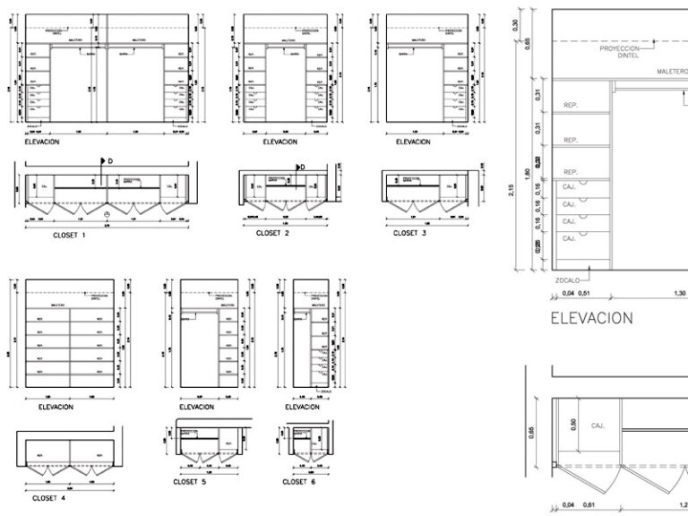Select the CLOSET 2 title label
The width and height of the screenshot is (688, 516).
coord(273,232)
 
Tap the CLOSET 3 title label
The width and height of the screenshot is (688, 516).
coord(409,232)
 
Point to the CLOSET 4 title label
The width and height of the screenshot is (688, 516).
coord(52,498)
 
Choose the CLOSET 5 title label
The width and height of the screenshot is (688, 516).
coord(190,482)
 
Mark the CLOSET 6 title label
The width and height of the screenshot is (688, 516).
coord(299,482)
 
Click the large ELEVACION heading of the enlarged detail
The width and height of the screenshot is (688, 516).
coord(591,317)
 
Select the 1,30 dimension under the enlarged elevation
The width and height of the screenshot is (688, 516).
coord(680,292)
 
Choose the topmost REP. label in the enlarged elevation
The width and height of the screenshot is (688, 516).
coord(571,106)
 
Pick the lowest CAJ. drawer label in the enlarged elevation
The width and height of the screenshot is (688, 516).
coord(569,239)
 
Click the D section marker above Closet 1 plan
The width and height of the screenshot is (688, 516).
coord(109,162)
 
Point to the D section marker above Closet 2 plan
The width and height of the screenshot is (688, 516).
coord(302,167)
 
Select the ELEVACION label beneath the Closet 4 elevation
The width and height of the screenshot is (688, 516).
coord(56,407)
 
